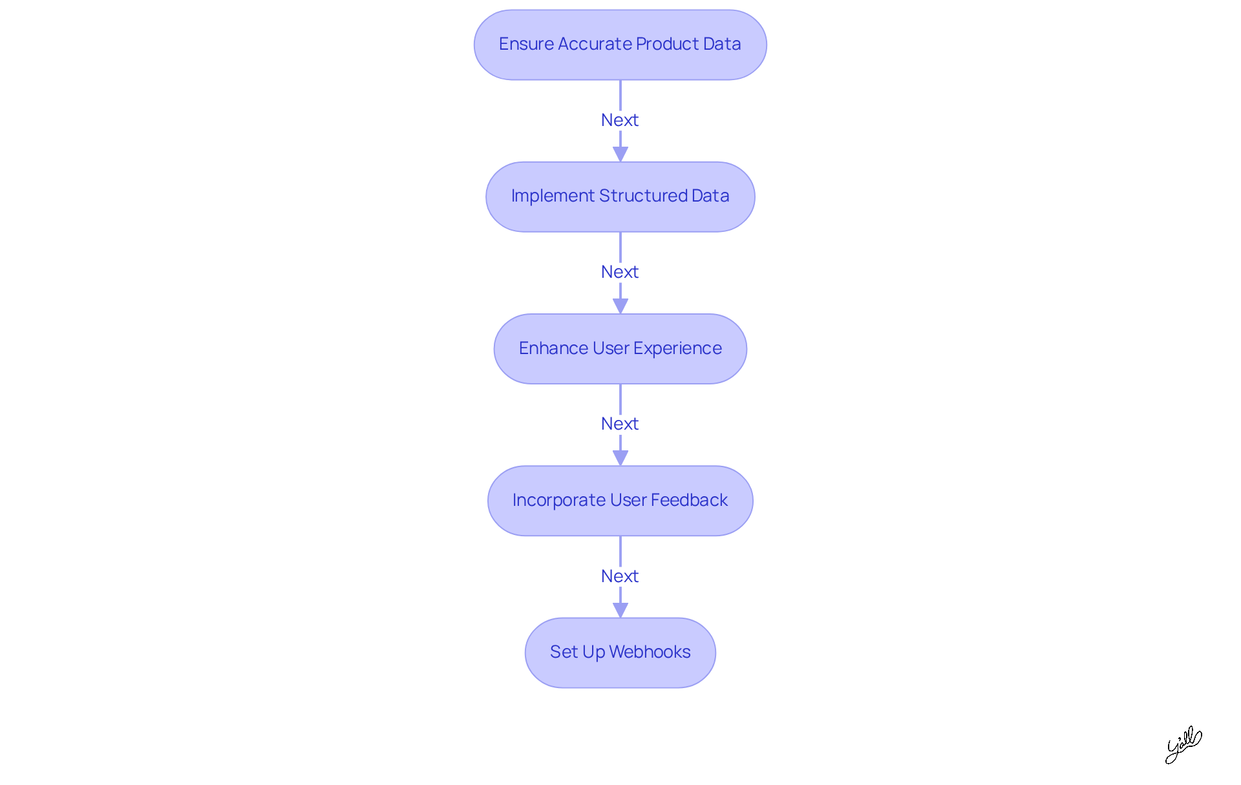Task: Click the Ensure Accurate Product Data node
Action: point(620,45)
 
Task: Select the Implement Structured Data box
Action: point(620,196)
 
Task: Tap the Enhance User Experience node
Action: point(620,348)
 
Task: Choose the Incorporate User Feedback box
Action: point(620,501)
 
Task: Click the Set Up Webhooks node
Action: point(620,653)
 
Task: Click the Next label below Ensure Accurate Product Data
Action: point(620,120)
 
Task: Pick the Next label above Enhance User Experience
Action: point(620,272)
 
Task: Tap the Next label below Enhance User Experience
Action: point(620,424)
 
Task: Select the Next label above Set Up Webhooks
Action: point(620,576)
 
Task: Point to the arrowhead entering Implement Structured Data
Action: point(620,154)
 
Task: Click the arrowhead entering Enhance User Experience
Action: point(620,306)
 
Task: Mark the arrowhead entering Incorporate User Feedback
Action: point(620,458)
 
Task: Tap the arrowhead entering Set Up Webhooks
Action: point(620,610)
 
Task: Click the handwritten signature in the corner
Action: point(1183,745)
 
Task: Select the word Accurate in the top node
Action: point(594,44)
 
